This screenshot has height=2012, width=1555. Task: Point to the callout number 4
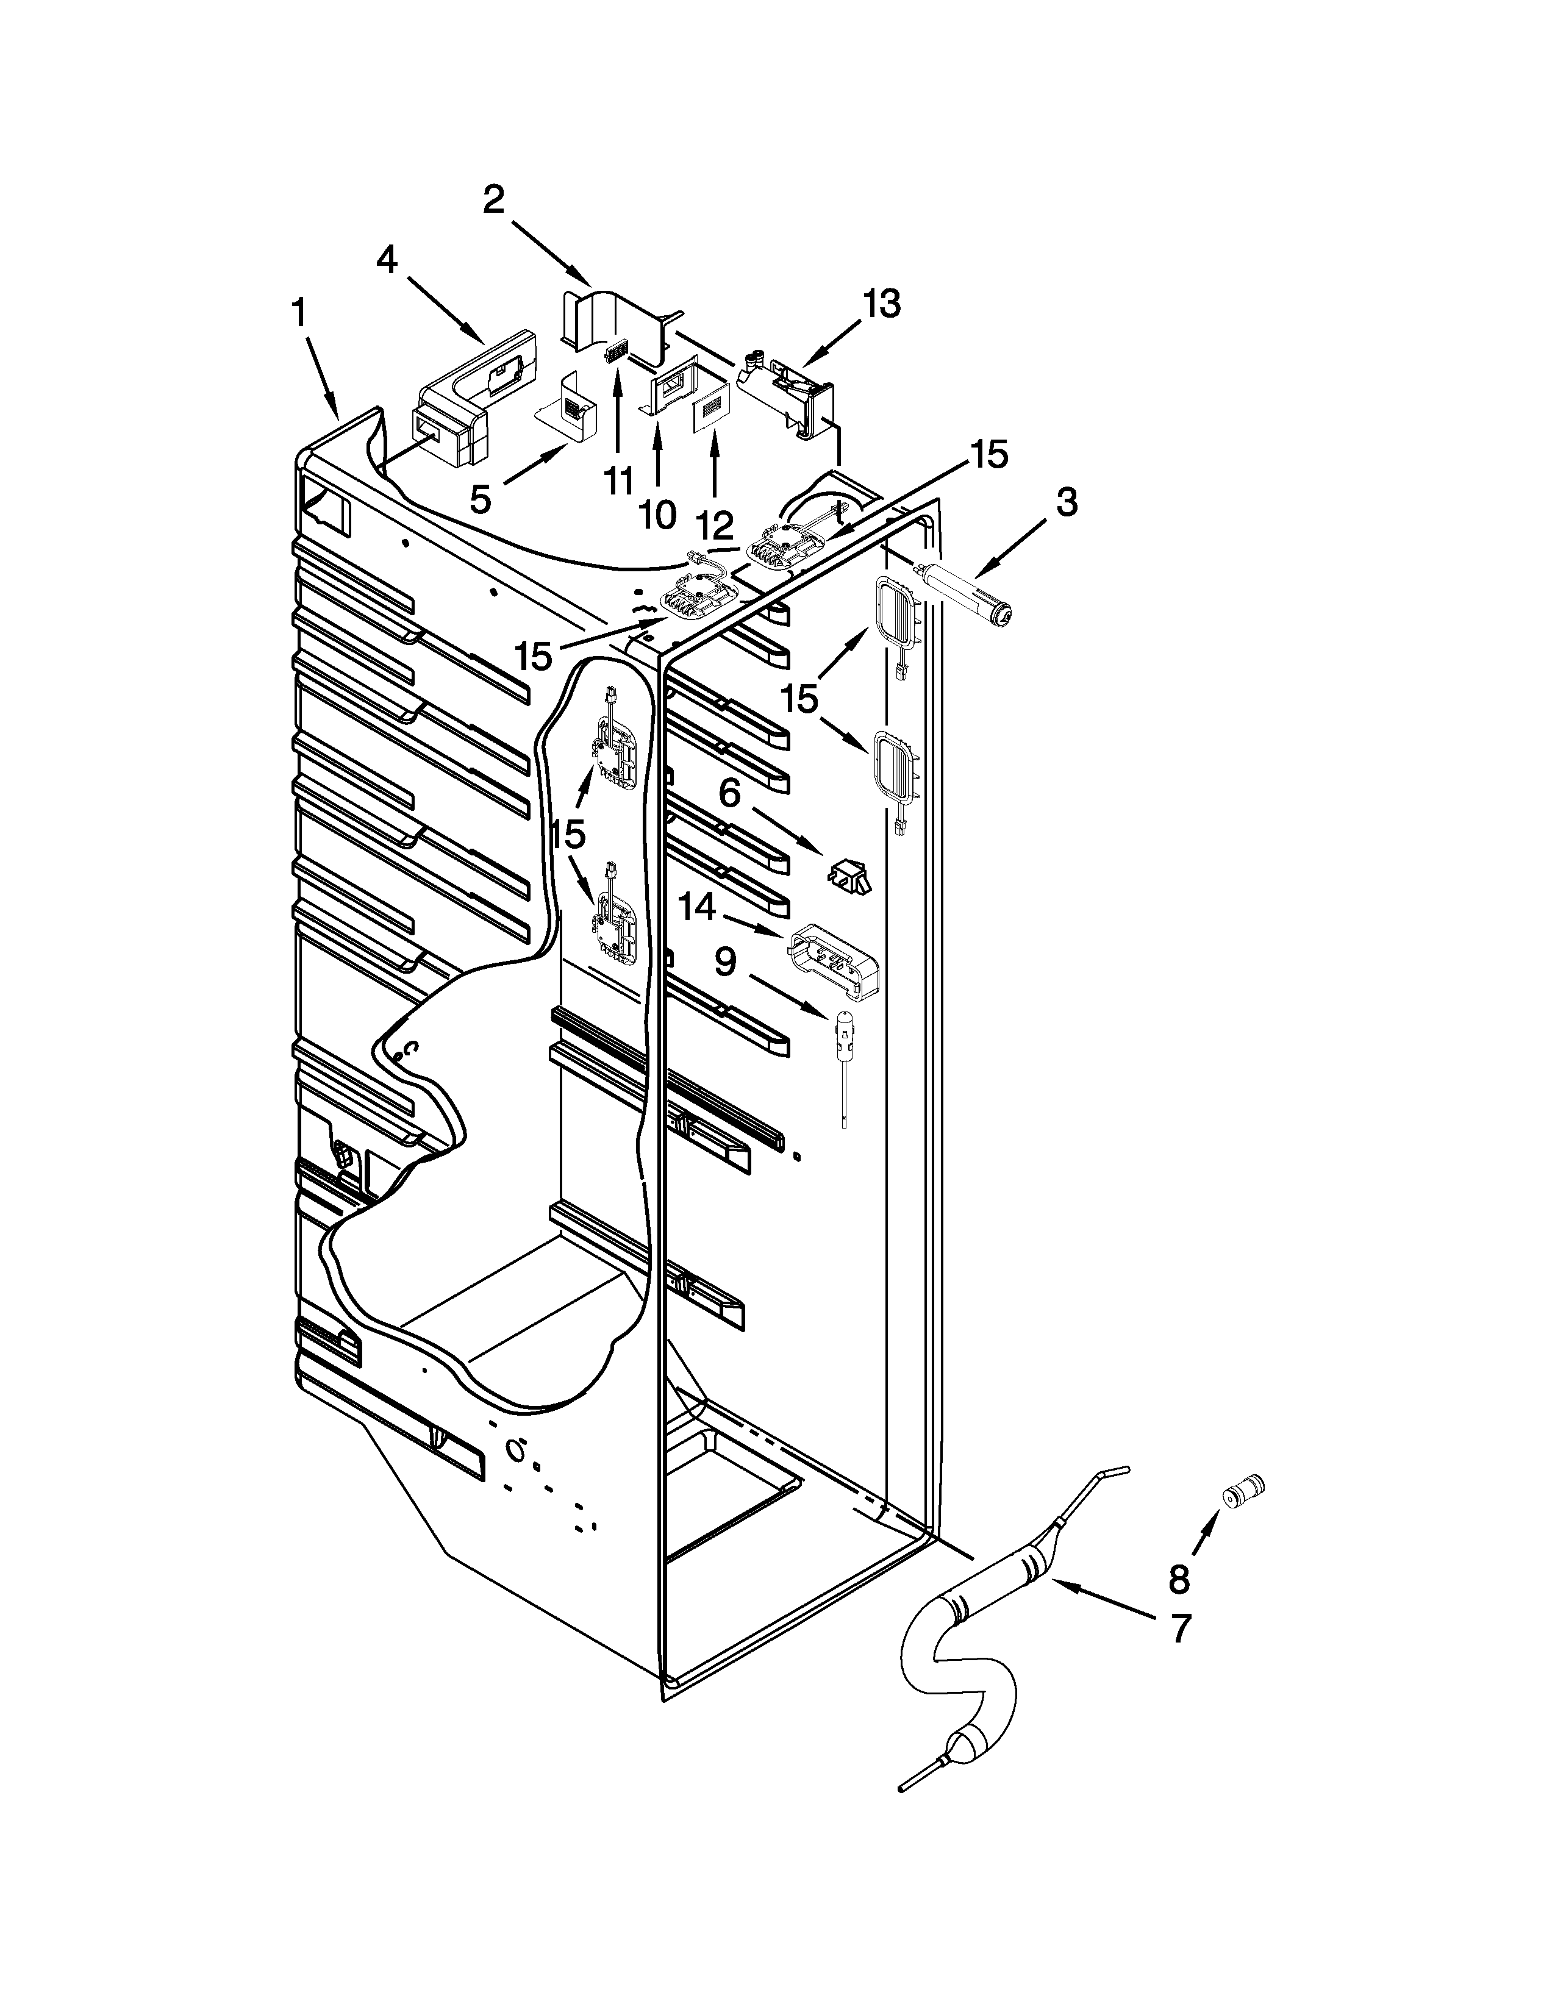coord(387,262)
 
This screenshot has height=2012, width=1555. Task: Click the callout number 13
coord(882,304)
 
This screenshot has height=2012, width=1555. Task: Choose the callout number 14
coord(698,908)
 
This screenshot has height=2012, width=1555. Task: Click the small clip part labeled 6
coord(851,873)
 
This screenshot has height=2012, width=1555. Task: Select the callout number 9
coord(726,963)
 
